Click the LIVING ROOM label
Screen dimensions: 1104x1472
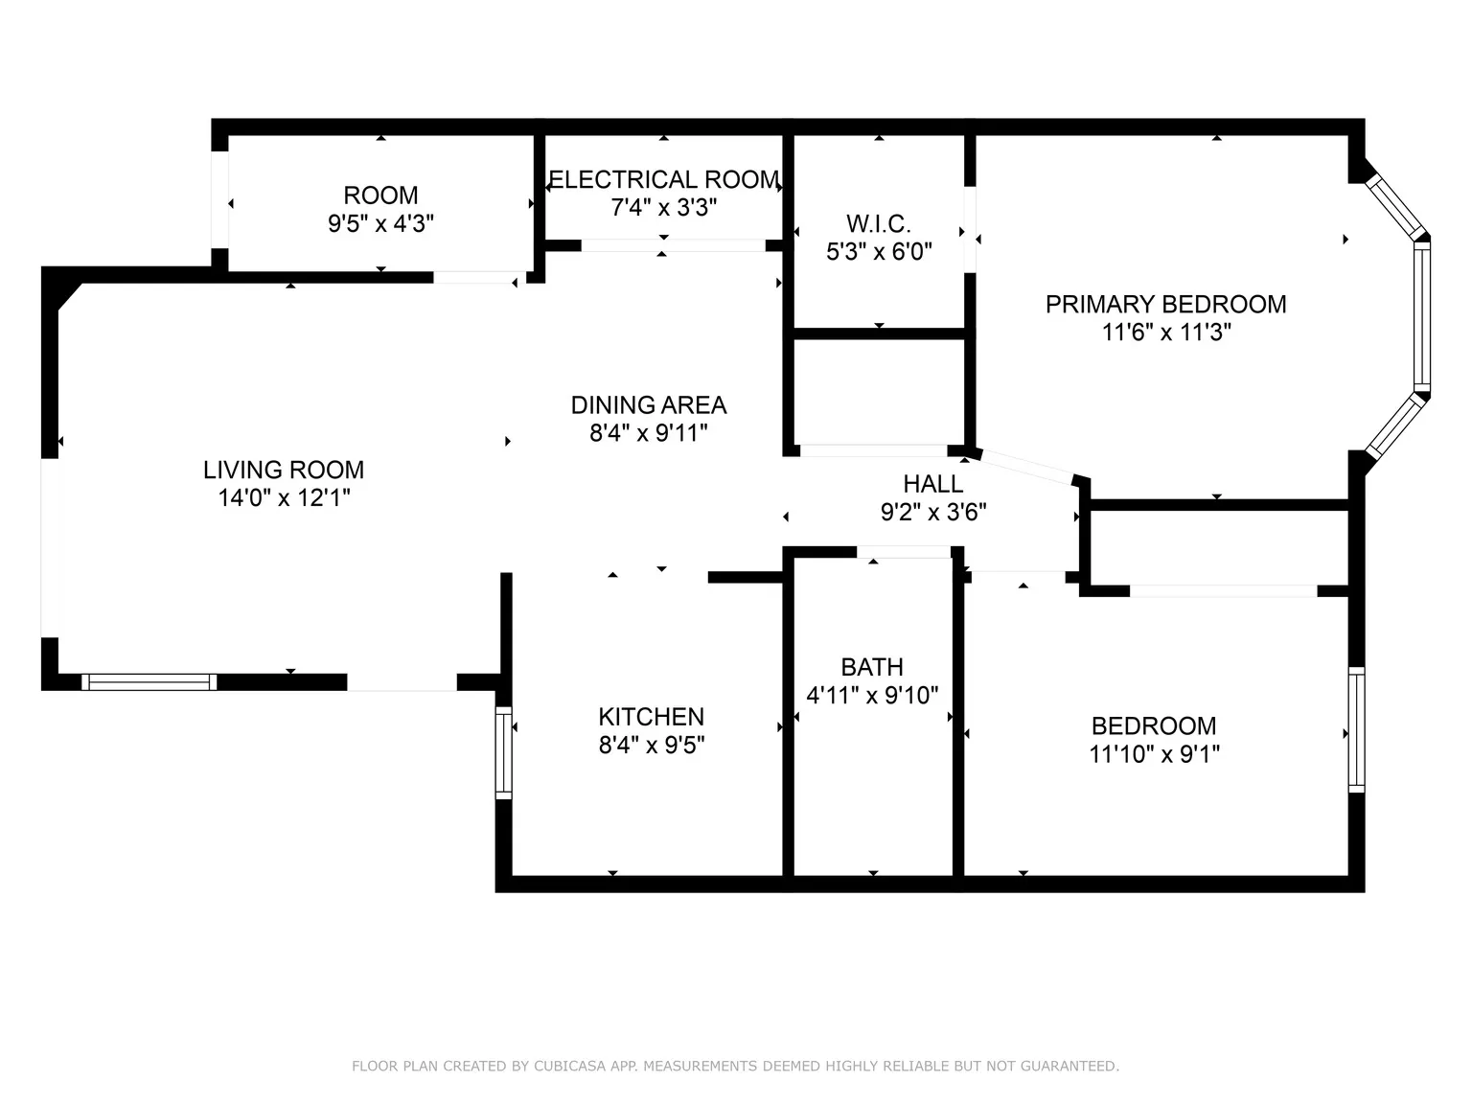pyautogui.click(x=284, y=470)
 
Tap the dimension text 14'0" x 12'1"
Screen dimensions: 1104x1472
pyautogui.click(x=284, y=498)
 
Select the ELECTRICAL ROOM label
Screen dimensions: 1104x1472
pyautogui.click(x=663, y=180)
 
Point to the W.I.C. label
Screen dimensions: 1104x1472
pyautogui.click(x=879, y=224)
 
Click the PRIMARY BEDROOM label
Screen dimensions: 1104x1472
pyautogui.click(x=1165, y=305)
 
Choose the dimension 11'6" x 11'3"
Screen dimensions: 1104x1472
pyautogui.click(x=1165, y=333)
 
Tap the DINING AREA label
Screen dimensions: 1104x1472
pyautogui.click(x=649, y=405)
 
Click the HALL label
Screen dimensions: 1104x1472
pyautogui.click(x=933, y=484)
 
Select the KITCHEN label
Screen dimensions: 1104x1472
pyautogui.click(x=651, y=717)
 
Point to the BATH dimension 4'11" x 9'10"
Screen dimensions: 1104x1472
pyautogui.click(x=872, y=696)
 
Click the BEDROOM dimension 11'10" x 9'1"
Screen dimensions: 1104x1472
pyautogui.click(x=1154, y=754)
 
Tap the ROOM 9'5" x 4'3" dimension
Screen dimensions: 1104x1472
pyautogui.click(x=380, y=224)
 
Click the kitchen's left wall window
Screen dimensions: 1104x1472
pyautogui.click(x=503, y=753)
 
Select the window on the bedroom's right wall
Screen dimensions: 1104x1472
pyautogui.click(x=1356, y=729)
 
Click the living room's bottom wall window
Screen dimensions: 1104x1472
pyautogui.click(x=149, y=681)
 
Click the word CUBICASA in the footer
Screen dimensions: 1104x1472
pyautogui.click(x=570, y=1066)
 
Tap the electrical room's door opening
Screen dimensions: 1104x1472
pyautogui.click(x=673, y=245)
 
